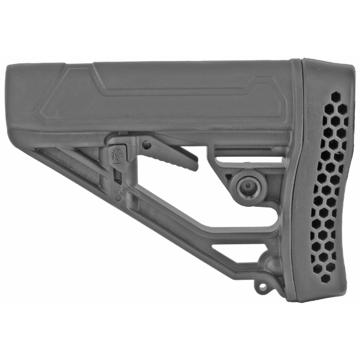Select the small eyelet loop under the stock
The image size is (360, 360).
click(x=263, y=285)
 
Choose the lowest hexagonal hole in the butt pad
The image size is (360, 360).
click(x=325, y=278)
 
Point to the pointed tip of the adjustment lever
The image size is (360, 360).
click(x=196, y=165)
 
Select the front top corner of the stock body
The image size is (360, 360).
click(x=8, y=66)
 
